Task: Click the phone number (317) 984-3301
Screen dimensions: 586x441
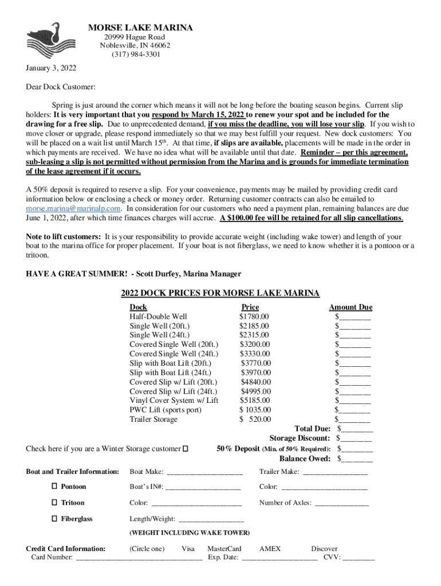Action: coord(136,55)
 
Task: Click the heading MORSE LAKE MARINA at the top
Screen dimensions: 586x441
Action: coord(140,28)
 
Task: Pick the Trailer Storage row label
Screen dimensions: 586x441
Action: coord(153,419)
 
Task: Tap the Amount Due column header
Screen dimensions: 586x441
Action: coord(351,307)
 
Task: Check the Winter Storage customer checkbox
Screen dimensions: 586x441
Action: coord(185,449)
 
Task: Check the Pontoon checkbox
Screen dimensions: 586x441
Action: coord(54,486)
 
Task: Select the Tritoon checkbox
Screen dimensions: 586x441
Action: coord(54,502)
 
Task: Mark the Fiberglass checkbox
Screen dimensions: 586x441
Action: coord(54,518)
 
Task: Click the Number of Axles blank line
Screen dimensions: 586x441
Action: coord(342,504)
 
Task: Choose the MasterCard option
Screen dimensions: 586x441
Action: coord(225,549)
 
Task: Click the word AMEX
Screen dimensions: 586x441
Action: coord(270,549)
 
